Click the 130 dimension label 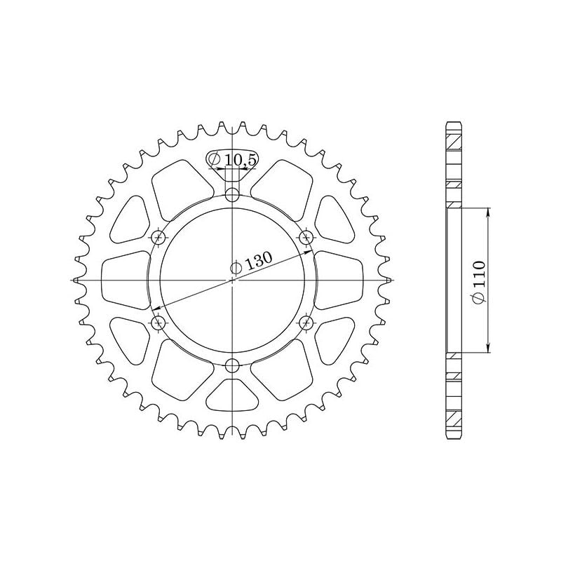pos(258,261)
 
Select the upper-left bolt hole pos(159,237)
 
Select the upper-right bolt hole pos(306,237)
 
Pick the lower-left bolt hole pos(159,323)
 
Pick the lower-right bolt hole pos(306,323)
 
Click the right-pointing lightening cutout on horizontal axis pos(339,280)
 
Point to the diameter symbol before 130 pos(237,267)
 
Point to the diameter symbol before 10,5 pos(216,161)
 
